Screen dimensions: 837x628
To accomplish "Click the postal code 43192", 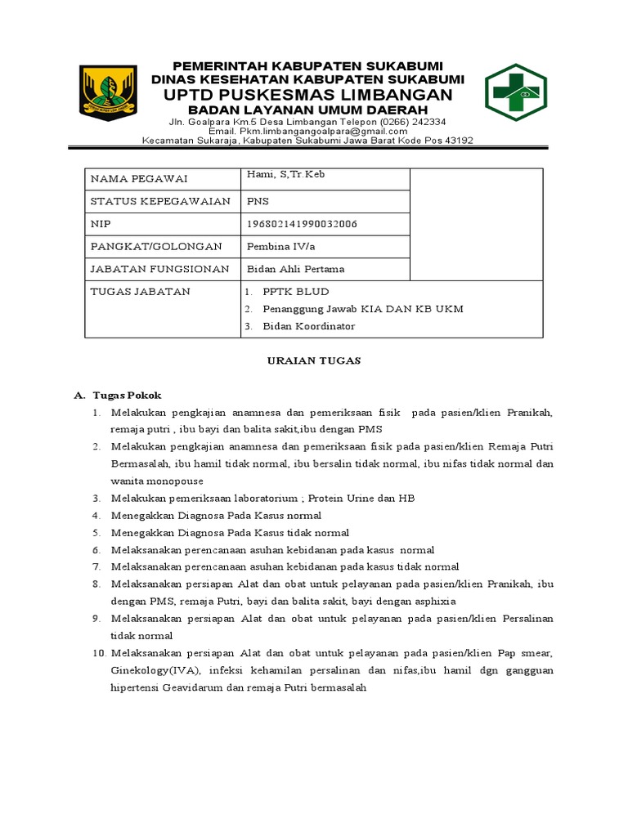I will click(455, 140).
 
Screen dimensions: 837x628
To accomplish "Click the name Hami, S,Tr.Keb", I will click(280, 174).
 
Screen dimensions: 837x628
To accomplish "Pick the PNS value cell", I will click(257, 201).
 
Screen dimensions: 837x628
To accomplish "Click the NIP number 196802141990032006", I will click(301, 224).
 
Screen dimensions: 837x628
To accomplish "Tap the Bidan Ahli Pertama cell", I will click(295, 269).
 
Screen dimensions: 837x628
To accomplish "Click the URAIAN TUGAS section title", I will click(314, 360).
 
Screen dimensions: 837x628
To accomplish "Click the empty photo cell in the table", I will click(476, 224).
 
